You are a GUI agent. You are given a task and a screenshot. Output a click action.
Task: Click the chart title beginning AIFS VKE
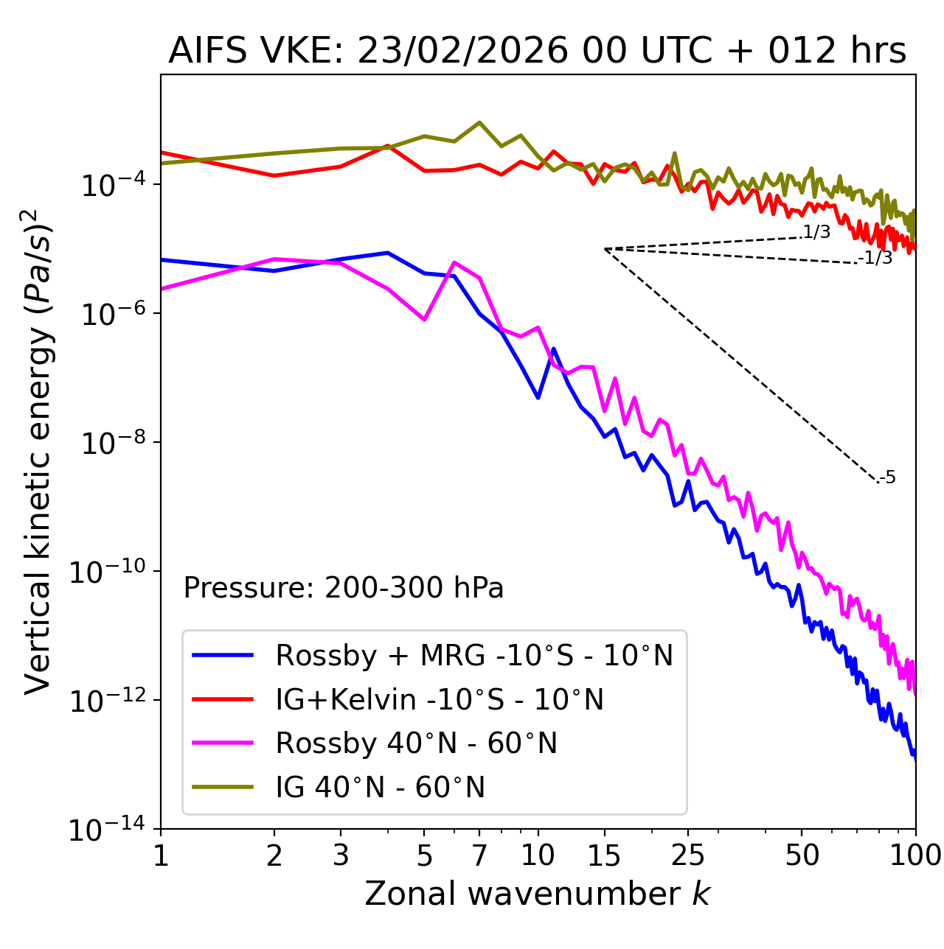tap(537, 52)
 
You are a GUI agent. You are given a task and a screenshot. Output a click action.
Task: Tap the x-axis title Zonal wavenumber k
tap(537, 894)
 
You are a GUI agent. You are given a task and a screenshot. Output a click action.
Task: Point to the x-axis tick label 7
tap(479, 855)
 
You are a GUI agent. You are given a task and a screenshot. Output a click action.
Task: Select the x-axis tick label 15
tap(604, 855)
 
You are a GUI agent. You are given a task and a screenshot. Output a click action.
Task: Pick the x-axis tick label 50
tap(802, 855)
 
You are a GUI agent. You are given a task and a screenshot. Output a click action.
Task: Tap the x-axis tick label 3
tap(341, 855)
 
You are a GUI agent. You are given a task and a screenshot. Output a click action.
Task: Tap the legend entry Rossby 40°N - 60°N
tap(416, 743)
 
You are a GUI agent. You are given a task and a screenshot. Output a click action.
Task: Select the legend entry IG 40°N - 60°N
tap(380, 788)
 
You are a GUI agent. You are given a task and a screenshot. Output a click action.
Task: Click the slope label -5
tap(888, 478)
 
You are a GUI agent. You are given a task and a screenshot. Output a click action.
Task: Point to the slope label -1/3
tap(876, 258)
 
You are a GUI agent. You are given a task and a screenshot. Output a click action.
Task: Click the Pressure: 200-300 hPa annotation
tap(343, 588)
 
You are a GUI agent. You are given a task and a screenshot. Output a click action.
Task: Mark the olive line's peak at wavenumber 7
tap(479, 122)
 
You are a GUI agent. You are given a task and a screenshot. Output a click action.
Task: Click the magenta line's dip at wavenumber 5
tap(424, 320)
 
